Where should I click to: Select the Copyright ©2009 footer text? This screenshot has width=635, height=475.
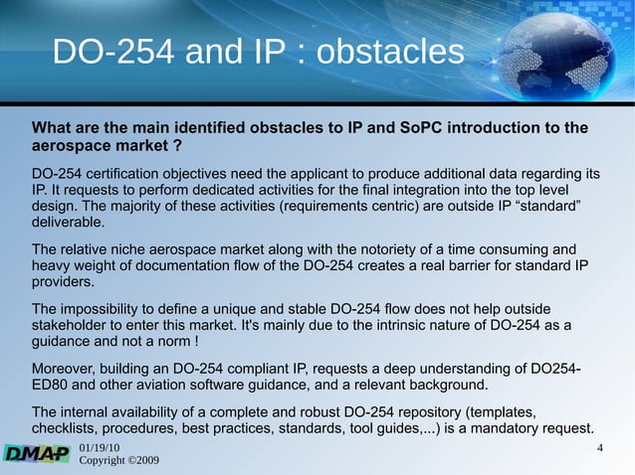pos(118,462)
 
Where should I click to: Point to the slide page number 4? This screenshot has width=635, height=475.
pos(599,450)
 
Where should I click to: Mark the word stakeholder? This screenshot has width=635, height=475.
pos(72,327)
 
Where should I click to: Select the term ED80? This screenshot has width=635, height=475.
pos(54,388)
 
